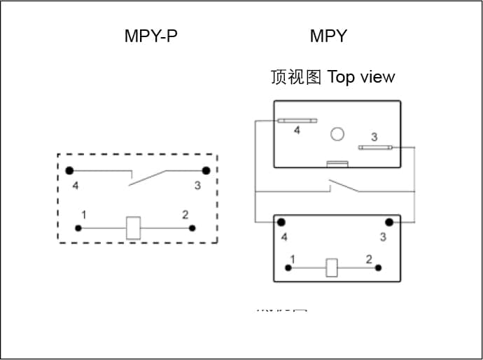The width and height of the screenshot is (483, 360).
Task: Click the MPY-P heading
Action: pos(150,36)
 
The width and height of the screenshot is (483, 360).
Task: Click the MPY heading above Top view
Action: pos(328,36)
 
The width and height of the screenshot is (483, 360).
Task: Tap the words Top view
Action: pos(360,77)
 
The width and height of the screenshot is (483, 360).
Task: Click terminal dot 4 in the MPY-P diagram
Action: pos(69,170)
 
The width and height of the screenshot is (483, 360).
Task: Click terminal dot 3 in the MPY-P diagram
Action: pos(206,170)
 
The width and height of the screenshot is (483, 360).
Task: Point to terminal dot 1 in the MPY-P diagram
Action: pos(78,228)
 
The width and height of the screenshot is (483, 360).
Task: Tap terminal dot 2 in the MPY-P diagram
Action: pos(192,228)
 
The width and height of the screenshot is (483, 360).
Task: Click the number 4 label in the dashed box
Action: pos(76,186)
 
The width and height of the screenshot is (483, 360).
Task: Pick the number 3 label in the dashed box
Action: pos(198,186)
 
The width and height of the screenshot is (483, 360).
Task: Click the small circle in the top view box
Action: pos(337,134)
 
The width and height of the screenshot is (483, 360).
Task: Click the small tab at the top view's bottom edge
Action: pos(337,165)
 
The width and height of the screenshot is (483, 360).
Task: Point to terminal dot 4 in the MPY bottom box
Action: pos(281,223)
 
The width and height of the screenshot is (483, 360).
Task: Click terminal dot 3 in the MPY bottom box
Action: pos(388,223)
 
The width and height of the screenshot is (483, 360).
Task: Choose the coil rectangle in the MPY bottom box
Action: pos(332,267)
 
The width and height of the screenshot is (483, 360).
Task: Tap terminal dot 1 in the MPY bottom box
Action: pos(288,267)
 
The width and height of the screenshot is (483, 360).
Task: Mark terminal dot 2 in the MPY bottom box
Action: pos(378,267)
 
